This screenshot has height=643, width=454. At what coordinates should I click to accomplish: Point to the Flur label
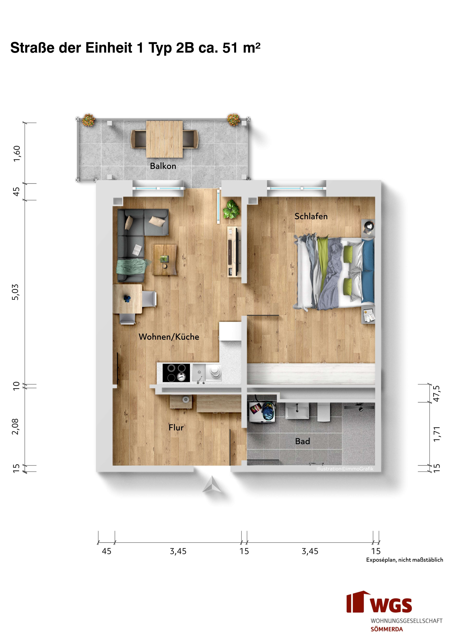(176, 428)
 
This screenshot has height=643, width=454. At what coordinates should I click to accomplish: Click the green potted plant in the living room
(231, 209)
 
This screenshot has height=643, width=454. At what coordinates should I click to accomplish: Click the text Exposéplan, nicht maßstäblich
(404, 560)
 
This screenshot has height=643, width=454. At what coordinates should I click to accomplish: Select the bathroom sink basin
(297, 411)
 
